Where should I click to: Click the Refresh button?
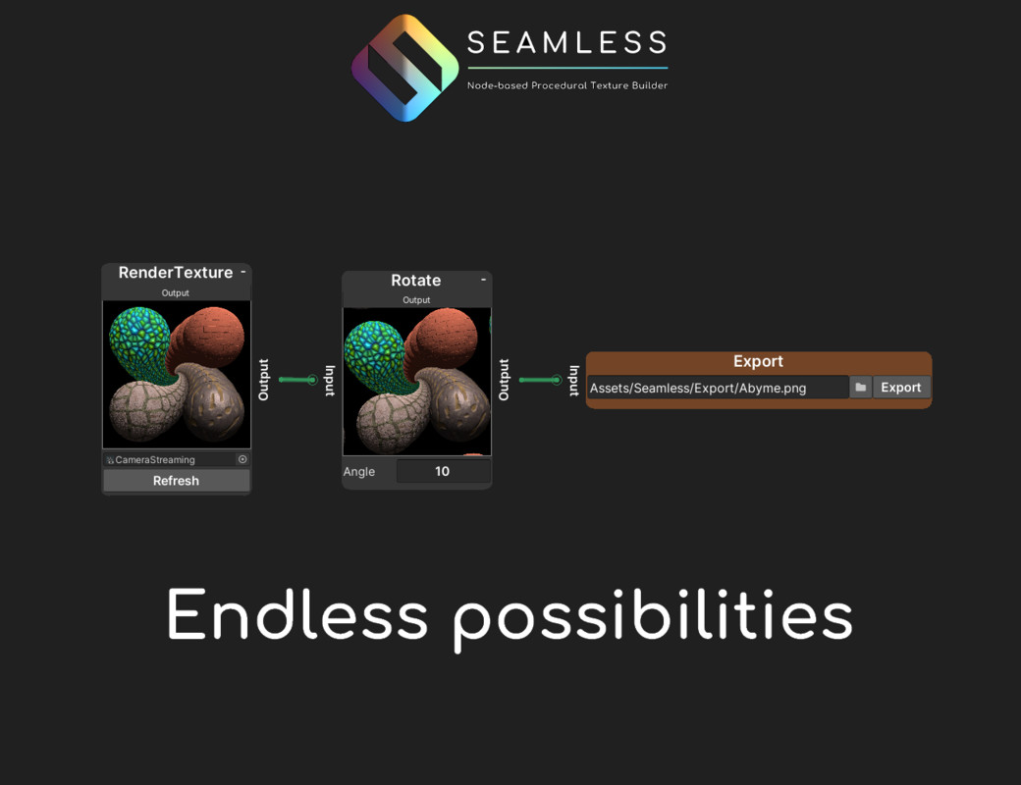tap(176, 481)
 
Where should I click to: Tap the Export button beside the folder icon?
tap(901, 388)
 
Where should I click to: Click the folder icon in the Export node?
tap(860, 388)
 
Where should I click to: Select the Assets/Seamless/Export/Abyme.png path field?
tap(718, 388)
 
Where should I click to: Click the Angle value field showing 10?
tap(443, 471)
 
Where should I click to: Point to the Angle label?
tap(358, 471)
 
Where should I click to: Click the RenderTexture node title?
tap(175, 272)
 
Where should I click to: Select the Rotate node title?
tap(415, 280)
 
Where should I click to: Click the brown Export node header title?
tap(758, 361)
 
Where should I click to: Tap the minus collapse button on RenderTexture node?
tap(242, 272)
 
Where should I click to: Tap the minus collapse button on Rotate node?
tap(483, 280)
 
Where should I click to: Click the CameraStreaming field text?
tap(155, 459)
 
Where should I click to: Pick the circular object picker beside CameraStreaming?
tap(242, 459)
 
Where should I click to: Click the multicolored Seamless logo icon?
tap(405, 68)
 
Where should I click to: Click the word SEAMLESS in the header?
tap(567, 43)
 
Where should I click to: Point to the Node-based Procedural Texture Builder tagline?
tap(567, 85)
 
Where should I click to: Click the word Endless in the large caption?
tap(297, 614)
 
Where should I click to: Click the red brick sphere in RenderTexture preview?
tap(210, 338)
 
